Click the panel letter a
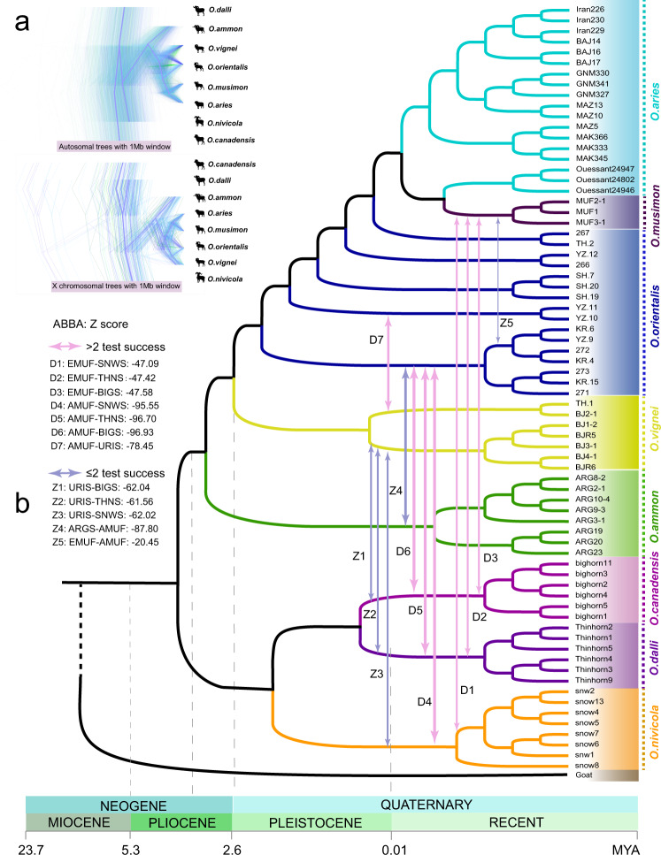[x=23, y=24]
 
